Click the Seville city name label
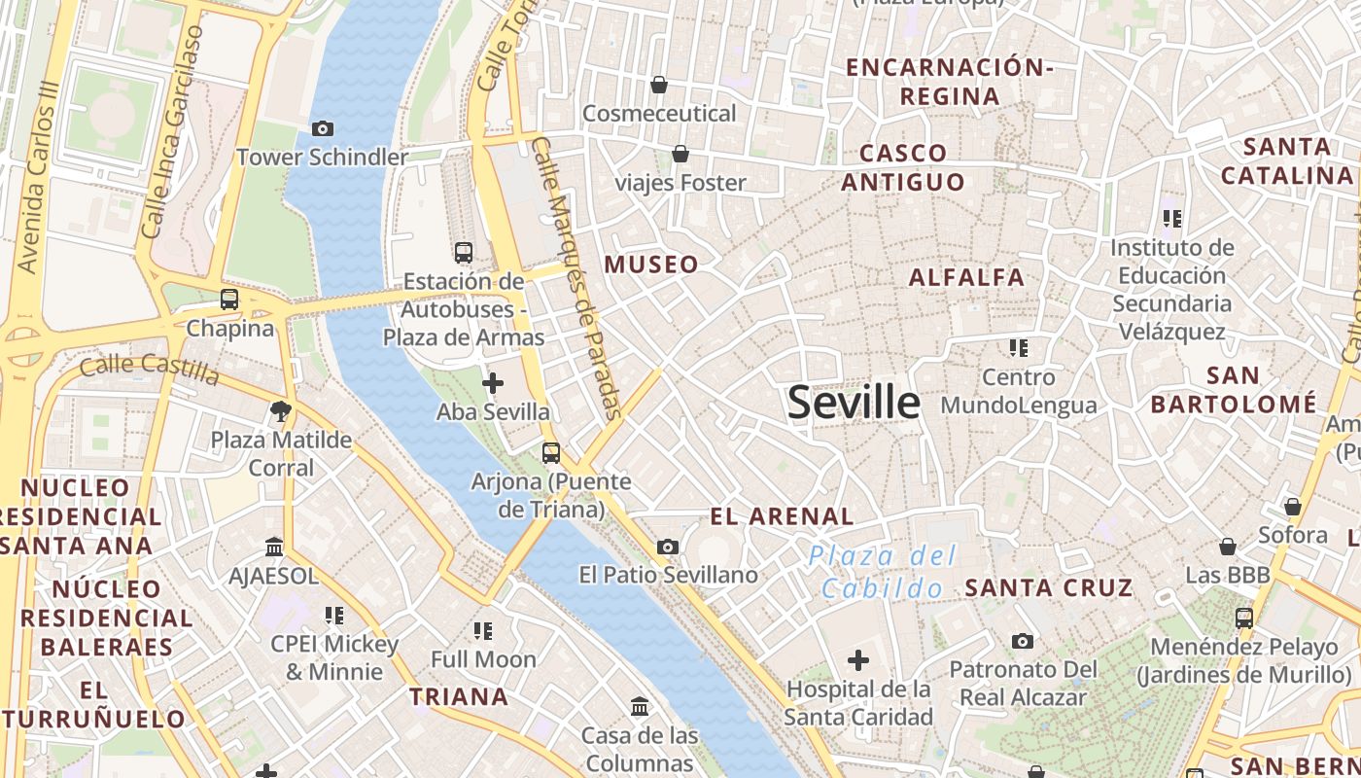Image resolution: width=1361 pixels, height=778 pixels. tap(854, 402)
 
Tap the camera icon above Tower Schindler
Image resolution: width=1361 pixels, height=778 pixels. tap(323, 128)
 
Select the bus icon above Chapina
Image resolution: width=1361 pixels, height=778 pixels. tap(229, 300)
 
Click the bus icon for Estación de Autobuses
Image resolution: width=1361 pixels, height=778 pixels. tap(464, 253)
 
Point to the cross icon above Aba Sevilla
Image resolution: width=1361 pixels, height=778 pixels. tap(493, 383)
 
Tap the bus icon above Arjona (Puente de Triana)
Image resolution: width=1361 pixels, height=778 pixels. tap(551, 453)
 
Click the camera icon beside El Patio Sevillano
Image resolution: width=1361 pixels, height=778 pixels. tap(667, 548)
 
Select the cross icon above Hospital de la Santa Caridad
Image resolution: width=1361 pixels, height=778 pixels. tap(858, 661)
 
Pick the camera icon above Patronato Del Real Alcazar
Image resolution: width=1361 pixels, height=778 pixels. tap(1022, 641)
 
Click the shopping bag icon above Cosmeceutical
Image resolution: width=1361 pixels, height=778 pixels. tap(659, 86)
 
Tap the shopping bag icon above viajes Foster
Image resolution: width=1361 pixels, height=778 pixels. tap(680, 155)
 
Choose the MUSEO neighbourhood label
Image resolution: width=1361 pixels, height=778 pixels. tap(651, 265)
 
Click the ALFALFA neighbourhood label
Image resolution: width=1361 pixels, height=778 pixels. tap(966, 277)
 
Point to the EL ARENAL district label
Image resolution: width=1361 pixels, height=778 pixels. tap(783, 516)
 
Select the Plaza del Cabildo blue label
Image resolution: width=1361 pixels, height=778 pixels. tap(883, 573)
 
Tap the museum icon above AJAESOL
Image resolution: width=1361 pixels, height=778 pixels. tap(273, 548)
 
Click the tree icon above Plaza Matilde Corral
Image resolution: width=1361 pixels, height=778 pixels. tap(282, 411)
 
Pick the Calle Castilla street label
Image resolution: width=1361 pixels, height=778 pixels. tap(150, 369)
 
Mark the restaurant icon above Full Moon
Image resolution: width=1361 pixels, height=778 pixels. tap(483, 631)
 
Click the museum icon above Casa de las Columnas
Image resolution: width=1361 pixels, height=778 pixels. tap(641, 706)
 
